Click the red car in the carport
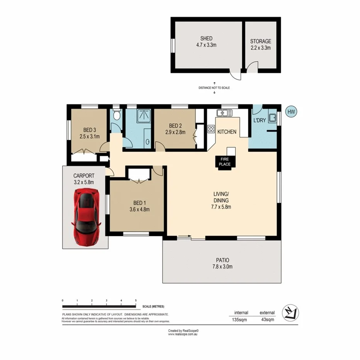[x=87, y=217]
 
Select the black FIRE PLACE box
[x=225, y=161]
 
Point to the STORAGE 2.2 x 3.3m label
[x=260, y=44]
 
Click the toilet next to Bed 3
[x=117, y=115]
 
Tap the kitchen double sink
[x=224, y=113]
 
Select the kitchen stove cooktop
[x=211, y=129]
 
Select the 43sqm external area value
[x=267, y=319]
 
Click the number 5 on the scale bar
[x=136, y=301]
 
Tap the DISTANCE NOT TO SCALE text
[x=214, y=88]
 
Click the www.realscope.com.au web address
[x=183, y=335]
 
